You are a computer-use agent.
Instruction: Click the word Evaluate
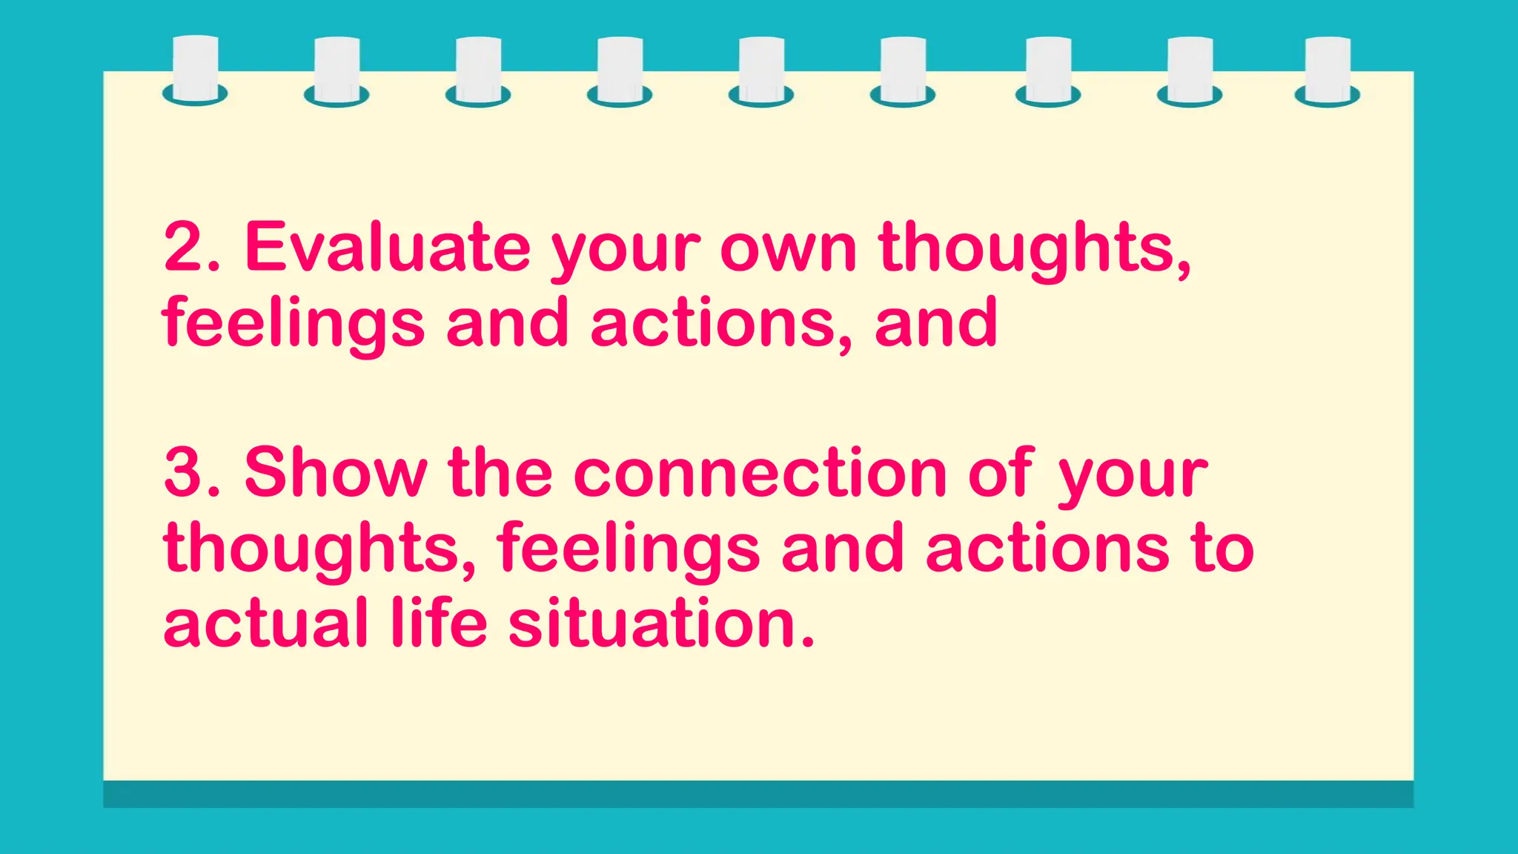click(x=387, y=247)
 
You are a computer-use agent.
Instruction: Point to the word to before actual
click(x=1223, y=549)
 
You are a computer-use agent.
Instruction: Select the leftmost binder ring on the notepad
click(x=195, y=70)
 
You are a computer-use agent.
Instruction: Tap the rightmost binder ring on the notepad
click(x=1327, y=70)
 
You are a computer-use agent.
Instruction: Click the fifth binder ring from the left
click(x=761, y=70)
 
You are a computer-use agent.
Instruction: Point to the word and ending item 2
click(x=936, y=323)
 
